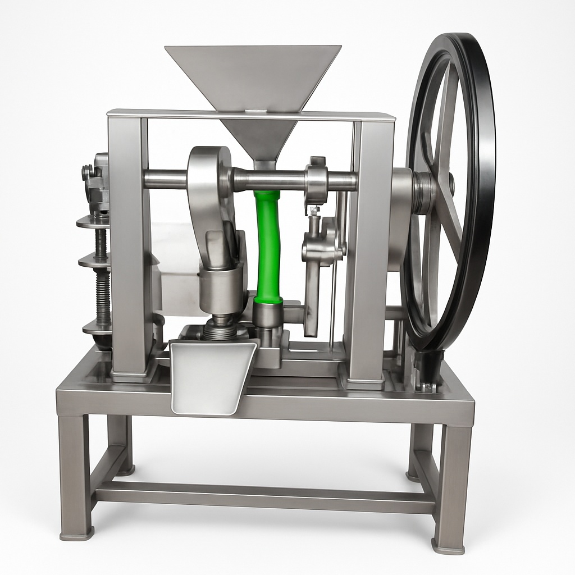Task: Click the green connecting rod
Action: point(268,247)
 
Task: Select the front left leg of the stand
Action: point(75,477)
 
